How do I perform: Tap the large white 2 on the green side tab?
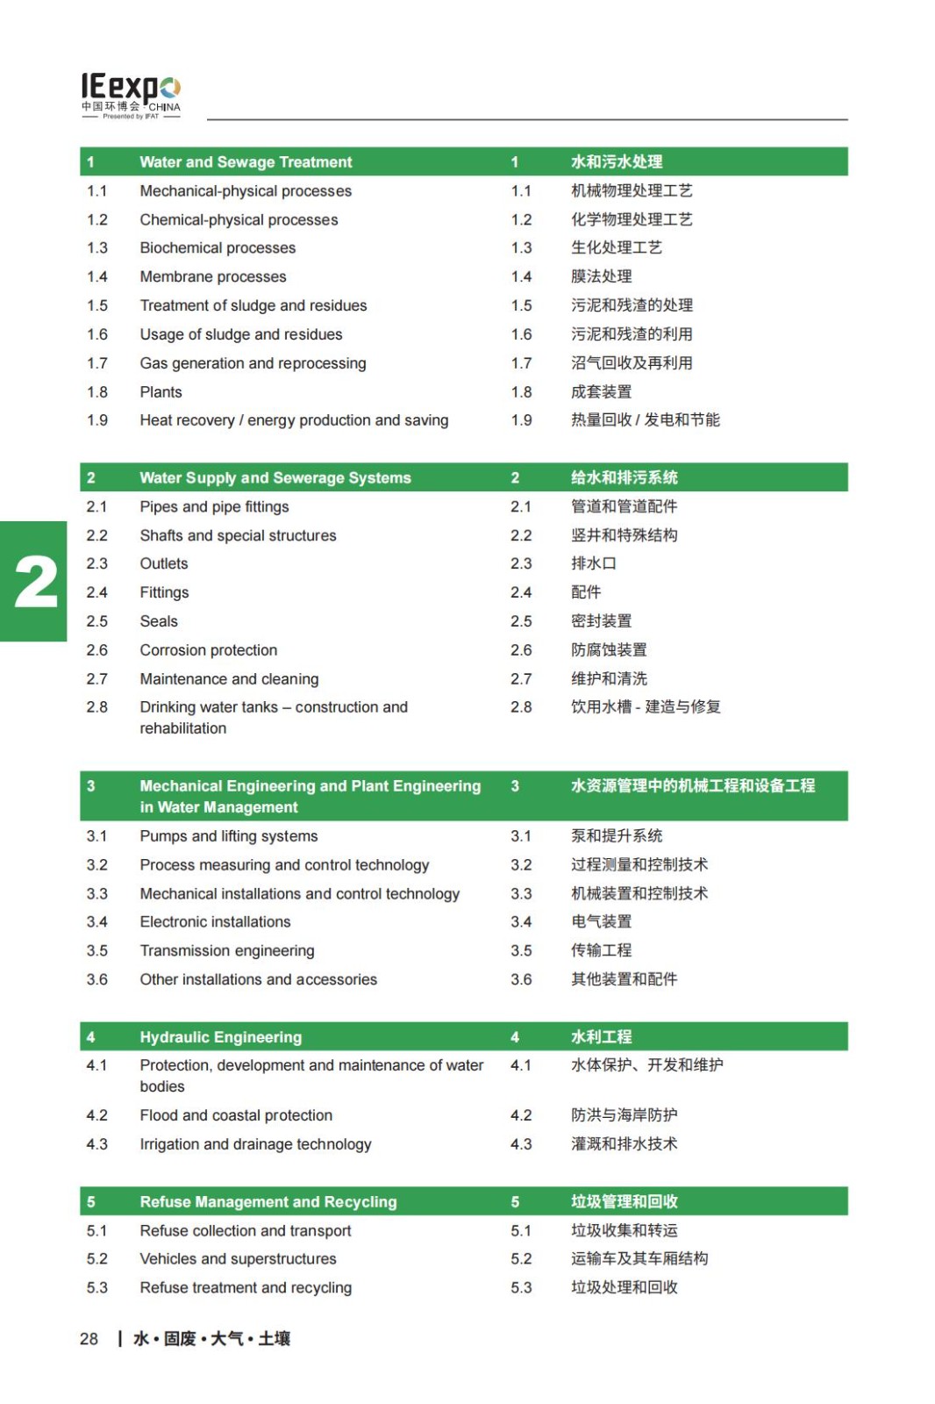36,582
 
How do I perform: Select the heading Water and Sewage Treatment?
246,162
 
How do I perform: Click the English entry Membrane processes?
213,277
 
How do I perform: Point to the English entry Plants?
161,392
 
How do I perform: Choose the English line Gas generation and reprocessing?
253,363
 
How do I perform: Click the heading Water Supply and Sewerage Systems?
275,478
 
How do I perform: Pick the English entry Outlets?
164,563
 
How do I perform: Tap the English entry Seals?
159,621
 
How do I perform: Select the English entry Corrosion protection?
209,650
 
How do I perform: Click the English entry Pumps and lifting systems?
229,836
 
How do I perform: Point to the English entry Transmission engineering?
227,950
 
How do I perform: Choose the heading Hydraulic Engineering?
221,1037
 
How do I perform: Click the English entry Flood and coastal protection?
236,1115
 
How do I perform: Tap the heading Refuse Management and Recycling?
268,1202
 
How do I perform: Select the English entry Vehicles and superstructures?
239,1259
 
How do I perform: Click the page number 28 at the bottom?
89,1339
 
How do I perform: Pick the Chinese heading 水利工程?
602,1037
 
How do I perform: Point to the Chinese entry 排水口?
594,563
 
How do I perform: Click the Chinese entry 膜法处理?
602,277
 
